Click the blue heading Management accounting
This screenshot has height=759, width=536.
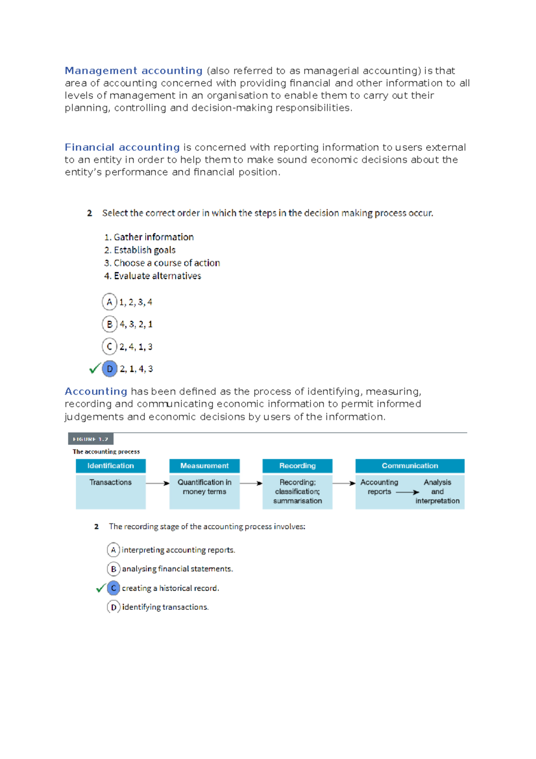pos(134,71)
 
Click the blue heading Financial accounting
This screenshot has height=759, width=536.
pos(122,147)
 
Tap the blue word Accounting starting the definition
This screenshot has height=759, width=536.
pos(96,391)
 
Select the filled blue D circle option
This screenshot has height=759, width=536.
pos(109,369)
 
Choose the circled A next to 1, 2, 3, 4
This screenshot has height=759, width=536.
pos(109,302)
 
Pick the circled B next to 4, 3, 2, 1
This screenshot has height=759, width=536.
pos(109,324)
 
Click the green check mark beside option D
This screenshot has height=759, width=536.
pos(94,369)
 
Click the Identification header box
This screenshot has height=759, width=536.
pos(110,466)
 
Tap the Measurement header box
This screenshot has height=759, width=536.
pos(204,466)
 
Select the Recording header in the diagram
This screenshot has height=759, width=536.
pos(297,466)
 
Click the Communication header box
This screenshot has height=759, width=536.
pos(410,466)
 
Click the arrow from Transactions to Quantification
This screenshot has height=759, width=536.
pos(157,483)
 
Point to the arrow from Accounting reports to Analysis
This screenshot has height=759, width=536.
pos(407,492)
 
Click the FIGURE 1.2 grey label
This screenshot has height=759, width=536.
pos(91,439)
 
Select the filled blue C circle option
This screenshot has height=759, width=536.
pos(113,588)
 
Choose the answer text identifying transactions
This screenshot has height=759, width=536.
pos(165,607)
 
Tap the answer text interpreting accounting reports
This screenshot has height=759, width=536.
pos(178,550)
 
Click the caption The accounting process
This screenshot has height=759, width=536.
pos(106,451)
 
